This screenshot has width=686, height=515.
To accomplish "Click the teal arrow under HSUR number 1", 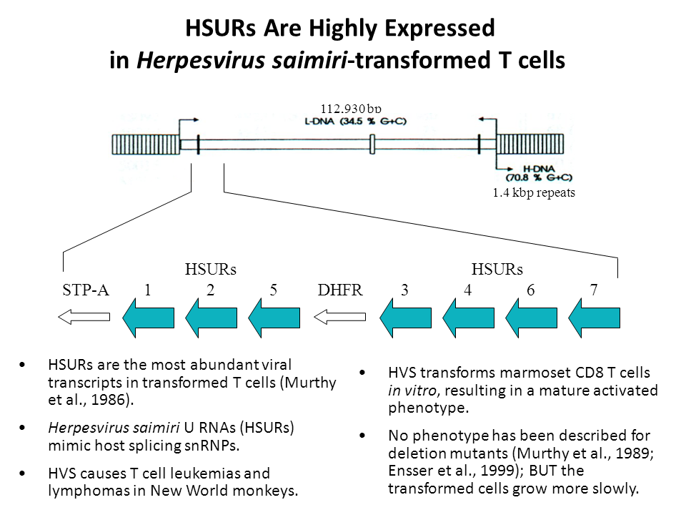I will coord(149,318).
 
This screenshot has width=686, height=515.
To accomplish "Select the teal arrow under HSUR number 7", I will coord(595,318).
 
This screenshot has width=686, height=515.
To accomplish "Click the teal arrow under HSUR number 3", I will coord(404,318).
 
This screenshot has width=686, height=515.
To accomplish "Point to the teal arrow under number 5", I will coord(274,318).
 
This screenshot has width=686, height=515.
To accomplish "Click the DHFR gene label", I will coord(340,290).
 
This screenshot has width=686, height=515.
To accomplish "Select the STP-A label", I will coord(86,290).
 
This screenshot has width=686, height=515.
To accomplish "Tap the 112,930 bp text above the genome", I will coord(350,109).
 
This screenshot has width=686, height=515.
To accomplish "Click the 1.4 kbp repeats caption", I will coord(534,192).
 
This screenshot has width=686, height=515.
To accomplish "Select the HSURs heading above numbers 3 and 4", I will coord(497,270).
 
